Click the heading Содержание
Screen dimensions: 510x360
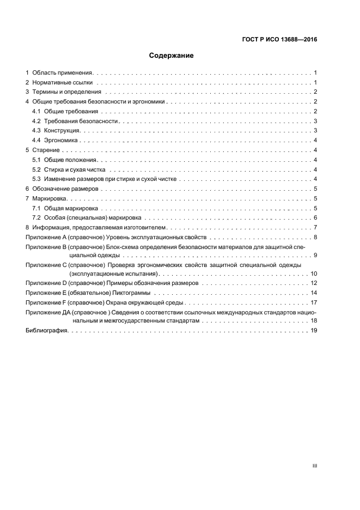pyautogui.click(x=172, y=56)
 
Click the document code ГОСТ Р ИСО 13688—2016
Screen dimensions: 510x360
pyautogui.click(x=279, y=39)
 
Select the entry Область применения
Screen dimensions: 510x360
pyautogui.click(x=63, y=72)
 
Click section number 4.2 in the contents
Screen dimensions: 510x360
pyautogui.click(x=36, y=121)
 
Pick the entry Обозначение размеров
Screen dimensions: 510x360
pyautogui.click(x=65, y=189)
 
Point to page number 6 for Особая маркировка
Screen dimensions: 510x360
pyautogui.click(x=315, y=218)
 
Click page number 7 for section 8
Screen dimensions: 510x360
pyautogui.click(x=315, y=228)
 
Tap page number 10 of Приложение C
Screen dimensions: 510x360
pyautogui.click(x=314, y=274)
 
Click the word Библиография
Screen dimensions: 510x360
pyautogui.click(x=47, y=331)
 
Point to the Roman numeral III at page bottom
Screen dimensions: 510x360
pyautogui.click(x=314, y=466)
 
